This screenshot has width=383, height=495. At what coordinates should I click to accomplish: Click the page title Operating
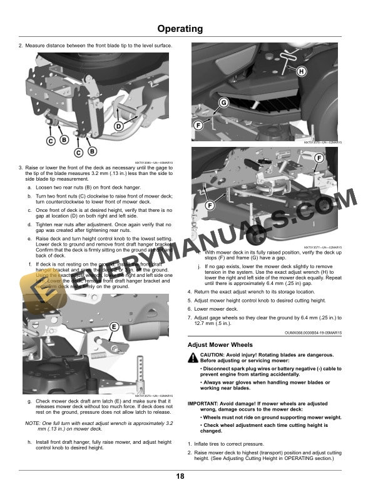(180, 29)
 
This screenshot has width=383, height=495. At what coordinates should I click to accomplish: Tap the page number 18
(180, 477)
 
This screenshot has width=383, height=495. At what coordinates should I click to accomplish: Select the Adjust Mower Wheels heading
(220, 345)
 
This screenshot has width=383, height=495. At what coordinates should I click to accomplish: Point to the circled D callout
(117, 126)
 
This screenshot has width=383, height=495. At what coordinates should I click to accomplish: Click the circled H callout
(302, 72)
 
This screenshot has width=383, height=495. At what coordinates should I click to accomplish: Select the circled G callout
(222, 102)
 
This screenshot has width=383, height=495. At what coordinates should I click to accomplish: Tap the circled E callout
(114, 327)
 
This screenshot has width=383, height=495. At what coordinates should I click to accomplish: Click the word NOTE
(32, 424)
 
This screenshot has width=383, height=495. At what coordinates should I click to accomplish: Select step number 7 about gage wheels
(190, 318)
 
